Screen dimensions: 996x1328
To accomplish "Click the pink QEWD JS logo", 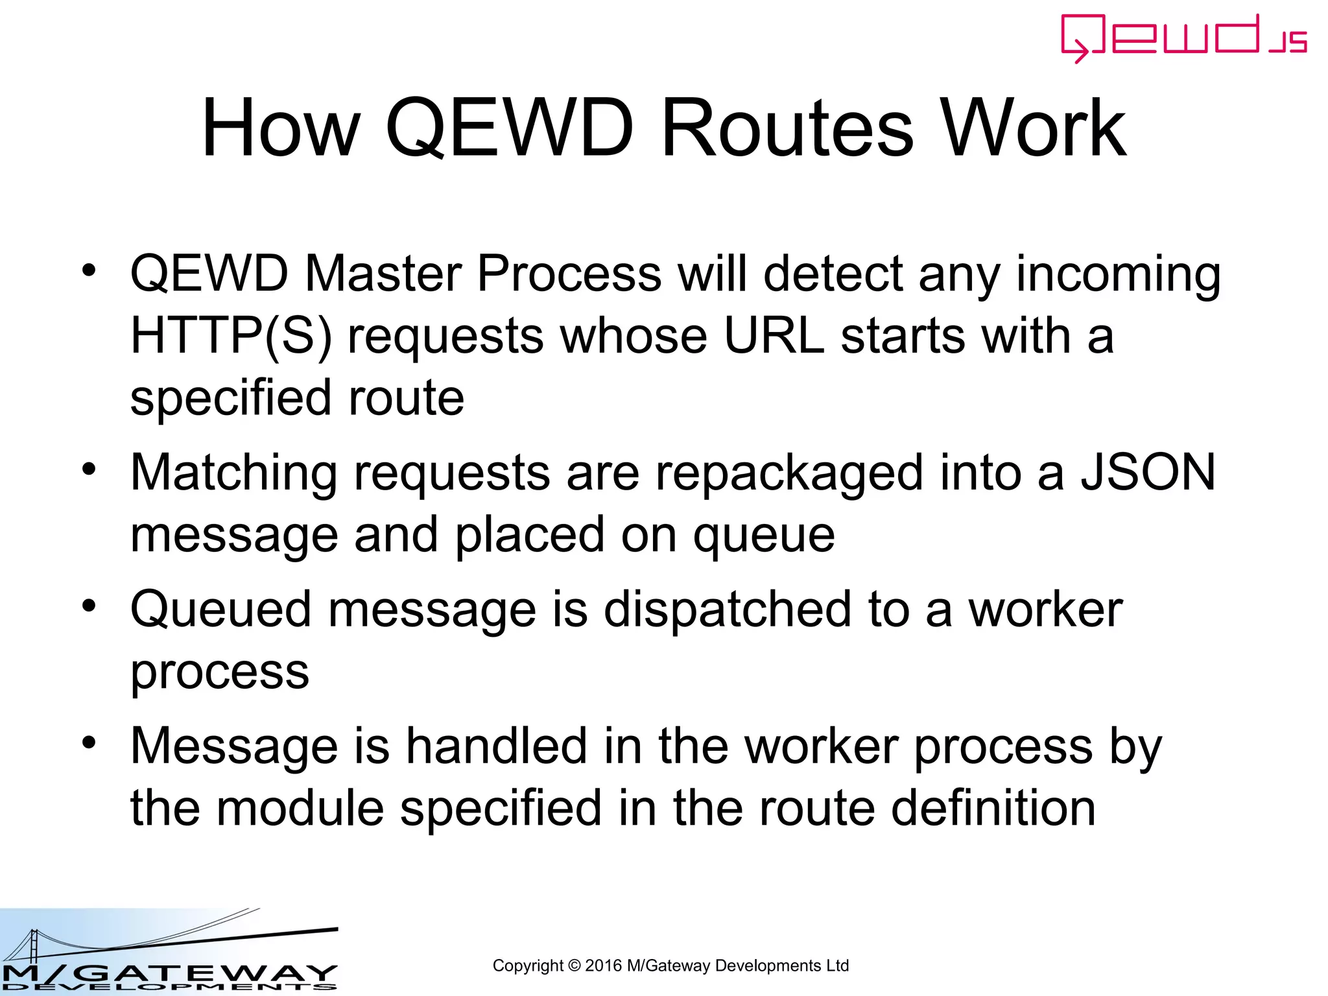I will (x=1183, y=38).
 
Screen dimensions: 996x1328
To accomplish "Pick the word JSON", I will (x=1148, y=472).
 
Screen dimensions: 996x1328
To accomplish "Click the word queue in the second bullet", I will (x=764, y=536).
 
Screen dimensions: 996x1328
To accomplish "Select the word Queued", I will (x=221, y=610).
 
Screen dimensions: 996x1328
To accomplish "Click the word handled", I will (x=496, y=746).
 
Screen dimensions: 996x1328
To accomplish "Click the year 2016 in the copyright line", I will (x=602, y=966).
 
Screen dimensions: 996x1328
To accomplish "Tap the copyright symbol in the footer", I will (x=574, y=966).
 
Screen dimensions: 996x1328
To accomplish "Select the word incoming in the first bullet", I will (x=1118, y=274).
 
